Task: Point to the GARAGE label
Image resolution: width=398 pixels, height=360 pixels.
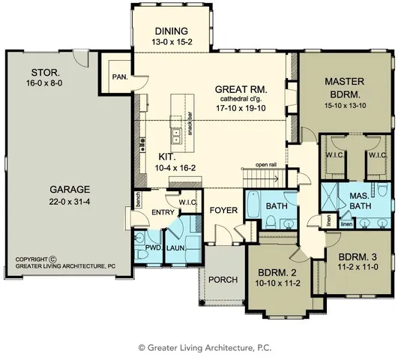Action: click(64, 190)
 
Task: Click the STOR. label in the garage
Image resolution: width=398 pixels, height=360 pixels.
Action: click(41, 72)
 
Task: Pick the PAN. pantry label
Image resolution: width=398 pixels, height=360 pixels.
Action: click(118, 76)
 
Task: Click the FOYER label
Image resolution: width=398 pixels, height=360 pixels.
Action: click(223, 211)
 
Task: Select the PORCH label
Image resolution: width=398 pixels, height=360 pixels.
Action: click(223, 280)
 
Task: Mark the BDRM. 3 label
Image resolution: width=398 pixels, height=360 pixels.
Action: click(351, 255)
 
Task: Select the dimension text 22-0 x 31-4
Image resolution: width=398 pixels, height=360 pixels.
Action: click(64, 201)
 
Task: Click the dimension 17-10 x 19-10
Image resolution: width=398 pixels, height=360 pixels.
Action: click(241, 107)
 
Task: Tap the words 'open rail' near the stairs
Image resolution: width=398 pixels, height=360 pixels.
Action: click(267, 165)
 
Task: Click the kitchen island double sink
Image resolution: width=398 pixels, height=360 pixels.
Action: click(175, 135)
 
